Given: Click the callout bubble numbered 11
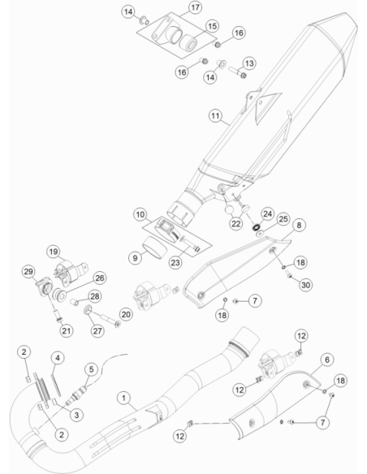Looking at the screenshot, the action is click(x=215, y=116).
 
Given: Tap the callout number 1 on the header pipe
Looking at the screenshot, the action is click(x=123, y=399).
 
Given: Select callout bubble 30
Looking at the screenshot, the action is click(x=305, y=285).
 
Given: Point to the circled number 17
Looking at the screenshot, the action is click(x=195, y=7).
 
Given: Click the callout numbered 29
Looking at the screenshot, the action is click(x=28, y=271).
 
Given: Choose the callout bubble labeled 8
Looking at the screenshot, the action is click(x=299, y=225).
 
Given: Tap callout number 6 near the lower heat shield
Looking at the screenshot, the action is click(x=327, y=360).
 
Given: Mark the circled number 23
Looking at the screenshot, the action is click(x=175, y=263).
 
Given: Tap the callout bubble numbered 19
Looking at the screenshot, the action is click(x=54, y=252).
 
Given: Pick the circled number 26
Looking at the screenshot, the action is click(x=100, y=278).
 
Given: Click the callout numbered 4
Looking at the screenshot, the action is click(x=58, y=358).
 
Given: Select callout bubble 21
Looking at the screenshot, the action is click(x=67, y=330).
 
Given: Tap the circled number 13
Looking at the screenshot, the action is click(x=249, y=63).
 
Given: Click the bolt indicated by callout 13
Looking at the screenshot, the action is click(x=237, y=72).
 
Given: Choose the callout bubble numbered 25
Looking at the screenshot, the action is click(x=283, y=219).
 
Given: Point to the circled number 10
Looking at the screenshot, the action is click(x=140, y=214).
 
